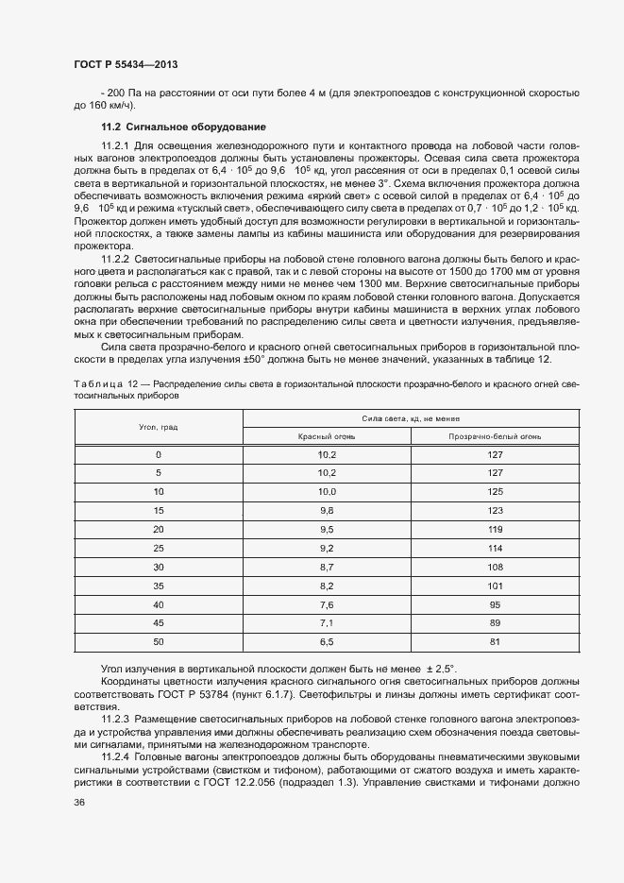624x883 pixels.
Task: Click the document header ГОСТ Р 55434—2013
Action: pyautogui.click(x=125, y=64)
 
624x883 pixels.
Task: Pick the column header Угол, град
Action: pyautogui.click(x=159, y=427)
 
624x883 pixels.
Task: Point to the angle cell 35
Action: pyautogui.click(x=159, y=586)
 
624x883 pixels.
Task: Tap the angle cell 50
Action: pyautogui.click(x=159, y=641)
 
